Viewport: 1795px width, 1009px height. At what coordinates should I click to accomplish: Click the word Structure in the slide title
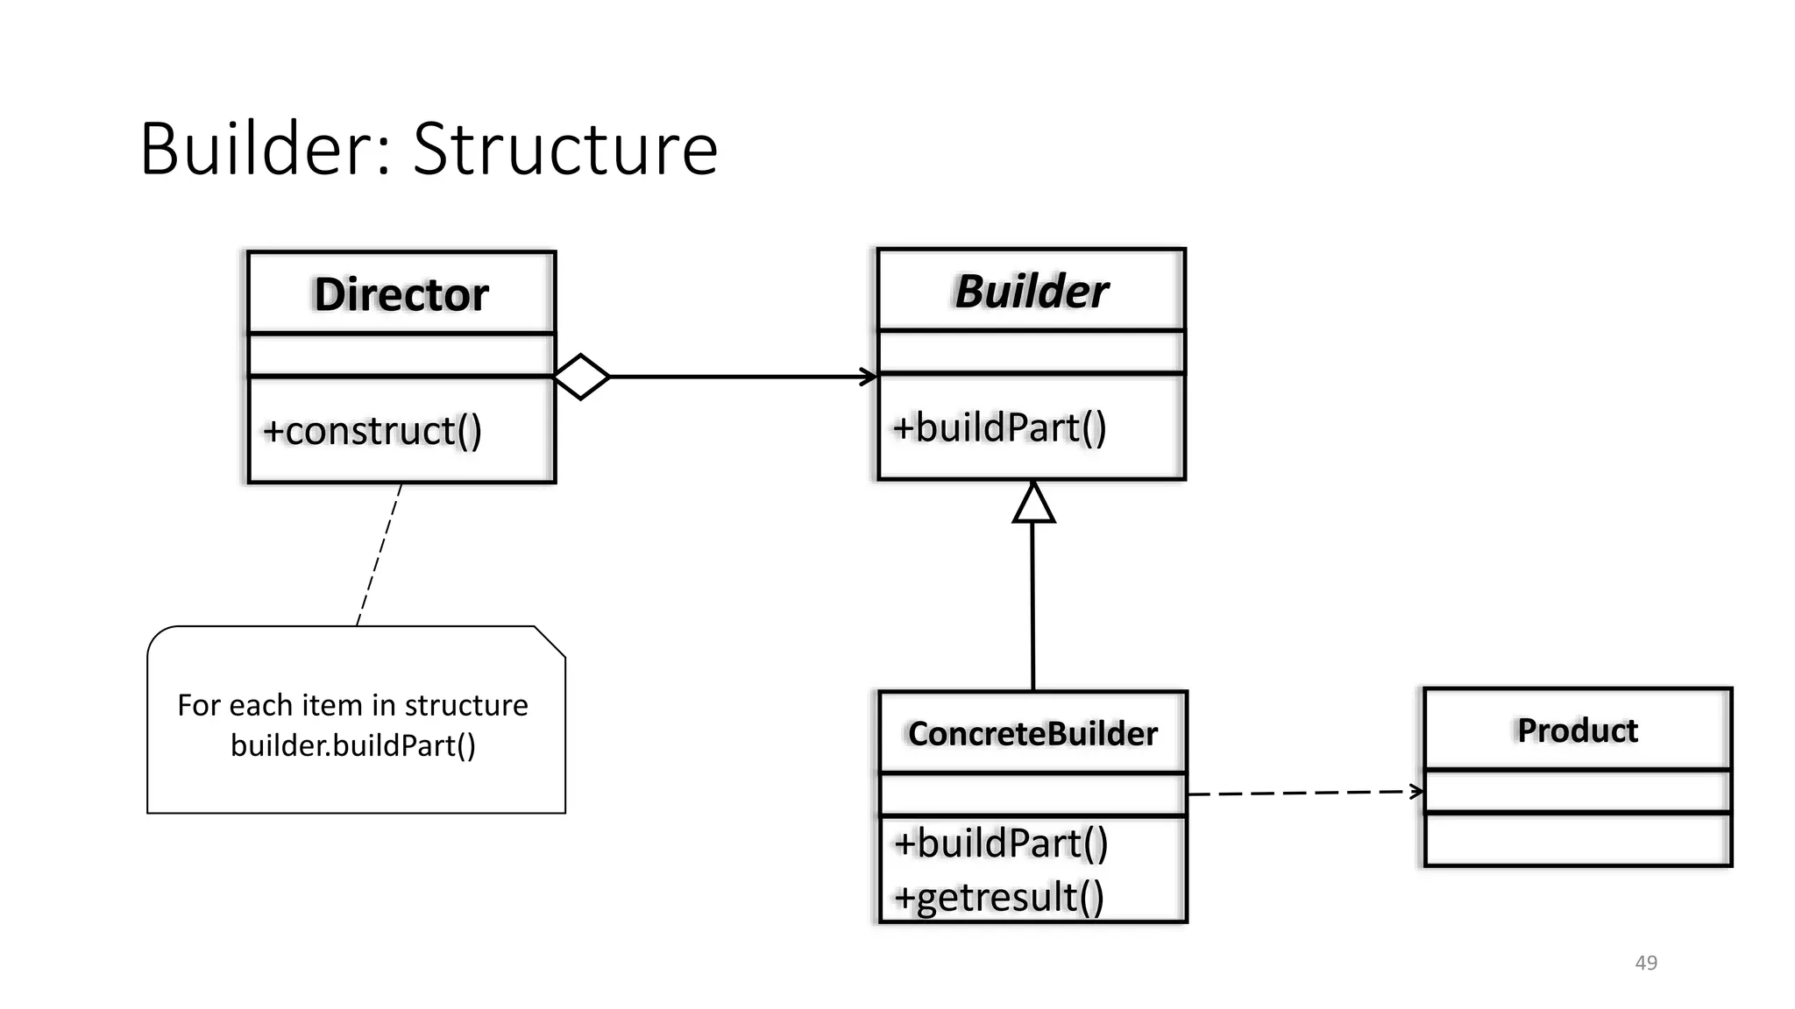[565, 149]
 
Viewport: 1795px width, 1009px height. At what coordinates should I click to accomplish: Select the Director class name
[401, 294]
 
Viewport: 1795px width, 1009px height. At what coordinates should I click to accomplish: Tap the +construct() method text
[372, 431]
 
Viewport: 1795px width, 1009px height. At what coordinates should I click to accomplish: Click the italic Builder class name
[1032, 292]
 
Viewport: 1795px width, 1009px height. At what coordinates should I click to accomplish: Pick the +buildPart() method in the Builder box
[999, 428]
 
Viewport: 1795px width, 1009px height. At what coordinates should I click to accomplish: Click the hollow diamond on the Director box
[582, 377]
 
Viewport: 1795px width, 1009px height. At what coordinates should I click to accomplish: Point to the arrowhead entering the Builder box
[869, 377]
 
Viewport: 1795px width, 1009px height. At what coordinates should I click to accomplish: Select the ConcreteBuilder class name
[1032, 734]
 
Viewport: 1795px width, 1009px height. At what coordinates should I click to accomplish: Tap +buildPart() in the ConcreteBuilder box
[1001, 843]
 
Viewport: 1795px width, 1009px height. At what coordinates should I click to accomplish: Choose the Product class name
[1577, 730]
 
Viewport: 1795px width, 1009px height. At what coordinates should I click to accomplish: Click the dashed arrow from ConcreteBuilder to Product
[1306, 793]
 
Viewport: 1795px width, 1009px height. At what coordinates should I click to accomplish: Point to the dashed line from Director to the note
[380, 554]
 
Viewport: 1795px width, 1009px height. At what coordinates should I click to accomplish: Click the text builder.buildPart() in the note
[353, 745]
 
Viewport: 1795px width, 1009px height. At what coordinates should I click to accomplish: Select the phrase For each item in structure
[353, 705]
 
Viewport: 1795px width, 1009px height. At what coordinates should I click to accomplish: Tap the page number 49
[1646, 963]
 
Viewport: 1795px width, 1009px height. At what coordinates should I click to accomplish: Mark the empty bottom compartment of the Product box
[1577, 840]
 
